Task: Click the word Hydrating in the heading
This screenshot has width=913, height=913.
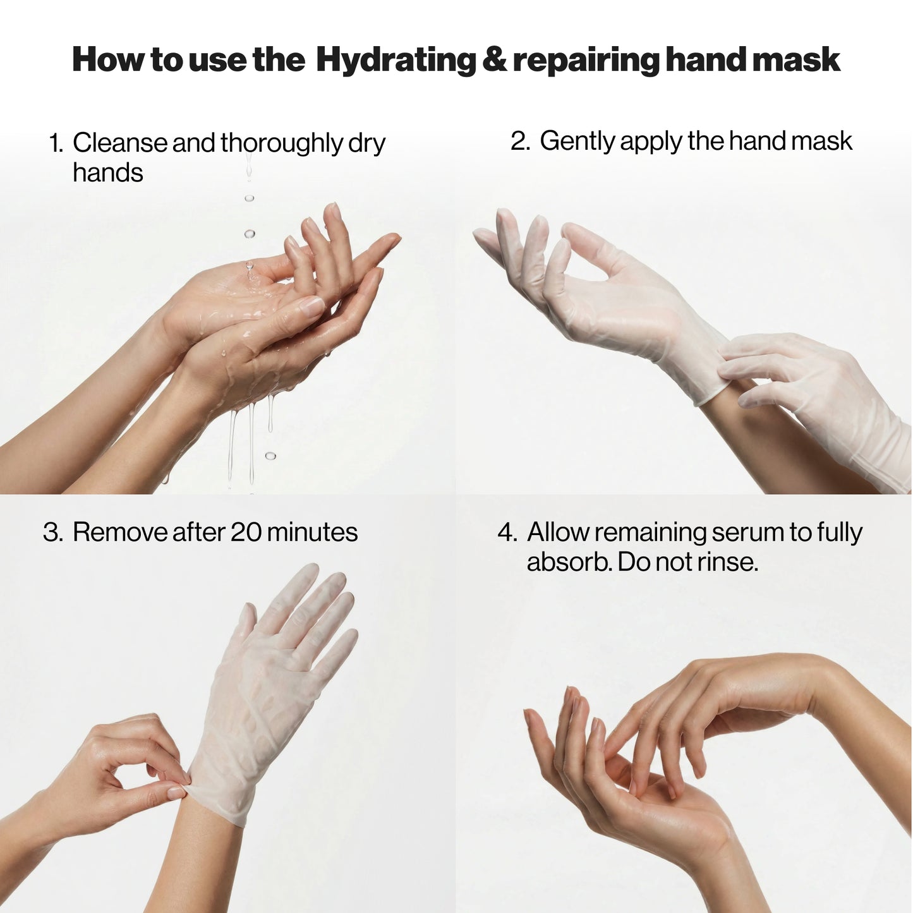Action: tap(396, 61)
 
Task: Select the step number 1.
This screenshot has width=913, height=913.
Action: tap(56, 143)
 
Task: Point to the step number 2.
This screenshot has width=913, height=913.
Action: tap(519, 142)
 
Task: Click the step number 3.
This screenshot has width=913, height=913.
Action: tap(52, 533)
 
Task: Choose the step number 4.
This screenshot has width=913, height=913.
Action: tap(507, 533)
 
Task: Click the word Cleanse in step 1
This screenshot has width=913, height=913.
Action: tap(120, 143)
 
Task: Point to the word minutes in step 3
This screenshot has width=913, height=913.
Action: tap(312, 533)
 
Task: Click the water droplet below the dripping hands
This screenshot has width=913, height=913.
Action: tap(270, 456)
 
